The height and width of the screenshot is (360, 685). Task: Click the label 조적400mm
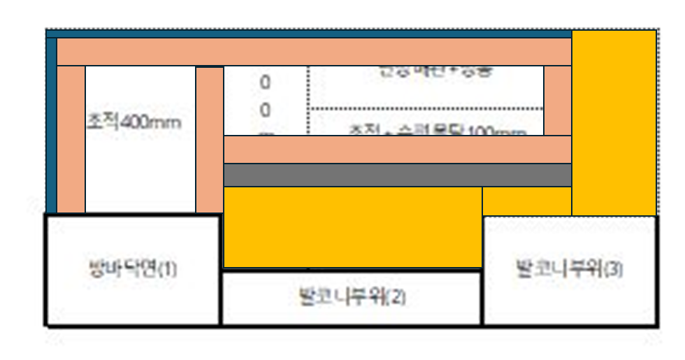pos(134,122)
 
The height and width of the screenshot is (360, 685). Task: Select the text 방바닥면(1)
pos(133,269)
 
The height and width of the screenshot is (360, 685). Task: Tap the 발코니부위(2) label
pos(352,296)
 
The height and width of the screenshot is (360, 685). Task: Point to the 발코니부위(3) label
pos(569,268)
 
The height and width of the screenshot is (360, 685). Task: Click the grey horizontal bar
pos(397,175)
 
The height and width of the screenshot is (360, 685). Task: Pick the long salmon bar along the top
pos(314,52)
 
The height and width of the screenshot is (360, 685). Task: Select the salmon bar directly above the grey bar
pos(397,150)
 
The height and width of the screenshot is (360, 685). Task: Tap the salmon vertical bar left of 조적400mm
pos(71,139)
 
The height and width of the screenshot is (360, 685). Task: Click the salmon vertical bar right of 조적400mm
pos(209,139)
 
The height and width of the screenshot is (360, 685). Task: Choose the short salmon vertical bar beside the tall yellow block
pos(557,101)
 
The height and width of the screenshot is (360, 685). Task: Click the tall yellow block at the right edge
pos(614,122)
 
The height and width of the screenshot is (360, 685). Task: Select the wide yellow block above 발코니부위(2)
pos(352,226)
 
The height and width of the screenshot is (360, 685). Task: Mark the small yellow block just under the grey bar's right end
pos(526,201)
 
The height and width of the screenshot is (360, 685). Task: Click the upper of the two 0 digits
pos(265,82)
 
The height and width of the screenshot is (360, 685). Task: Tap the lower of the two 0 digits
pos(265,110)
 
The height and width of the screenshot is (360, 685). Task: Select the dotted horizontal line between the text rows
pos(426,109)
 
